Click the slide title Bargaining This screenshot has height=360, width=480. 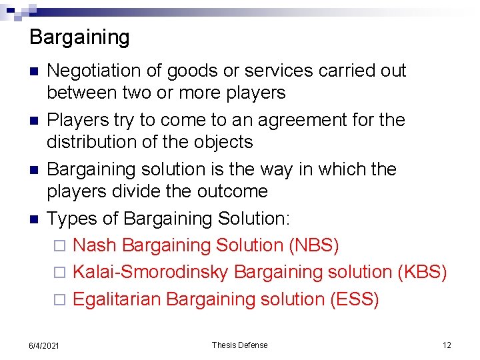point(79,37)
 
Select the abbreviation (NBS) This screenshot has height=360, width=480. point(314,245)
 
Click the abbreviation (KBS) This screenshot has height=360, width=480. point(422,272)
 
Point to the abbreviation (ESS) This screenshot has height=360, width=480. point(355,299)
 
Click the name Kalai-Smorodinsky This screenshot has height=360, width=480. point(151,272)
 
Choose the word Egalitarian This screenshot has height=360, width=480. point(117,299)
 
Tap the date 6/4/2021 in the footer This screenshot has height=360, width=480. point(44,345)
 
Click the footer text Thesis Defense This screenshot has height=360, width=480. point(239,345)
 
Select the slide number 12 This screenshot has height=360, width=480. point(447,345)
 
